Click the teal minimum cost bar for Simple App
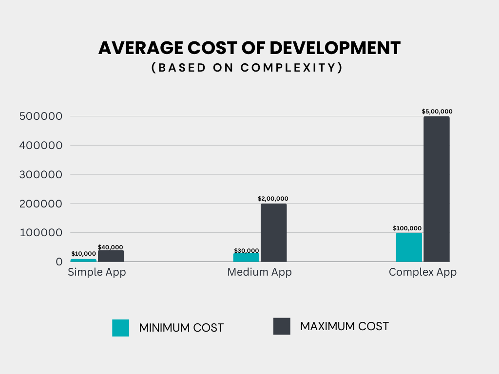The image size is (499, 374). point(83,260)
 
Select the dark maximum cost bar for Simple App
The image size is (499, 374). point(111,256)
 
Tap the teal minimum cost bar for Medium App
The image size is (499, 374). point(246,257)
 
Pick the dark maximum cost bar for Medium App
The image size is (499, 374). point(273,233)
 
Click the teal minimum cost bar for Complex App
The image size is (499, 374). point(409,247)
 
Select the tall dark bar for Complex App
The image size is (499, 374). point(436,189)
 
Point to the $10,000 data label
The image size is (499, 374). point(83,254)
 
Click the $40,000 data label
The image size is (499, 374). point(111,247)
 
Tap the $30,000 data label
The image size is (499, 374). point(246,251)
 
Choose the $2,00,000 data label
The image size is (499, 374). point(273,199)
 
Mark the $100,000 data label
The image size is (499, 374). point(407,228)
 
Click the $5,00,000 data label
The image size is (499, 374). point(440,112)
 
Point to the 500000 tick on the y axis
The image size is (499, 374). point(41,116)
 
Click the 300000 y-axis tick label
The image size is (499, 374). point(41,174)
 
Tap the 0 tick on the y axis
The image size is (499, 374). point(59,262)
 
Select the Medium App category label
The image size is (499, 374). point(259,272)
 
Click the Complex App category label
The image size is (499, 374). point(422,272)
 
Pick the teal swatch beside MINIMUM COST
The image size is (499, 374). point(120,328)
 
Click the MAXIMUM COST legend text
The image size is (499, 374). point(344,326)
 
